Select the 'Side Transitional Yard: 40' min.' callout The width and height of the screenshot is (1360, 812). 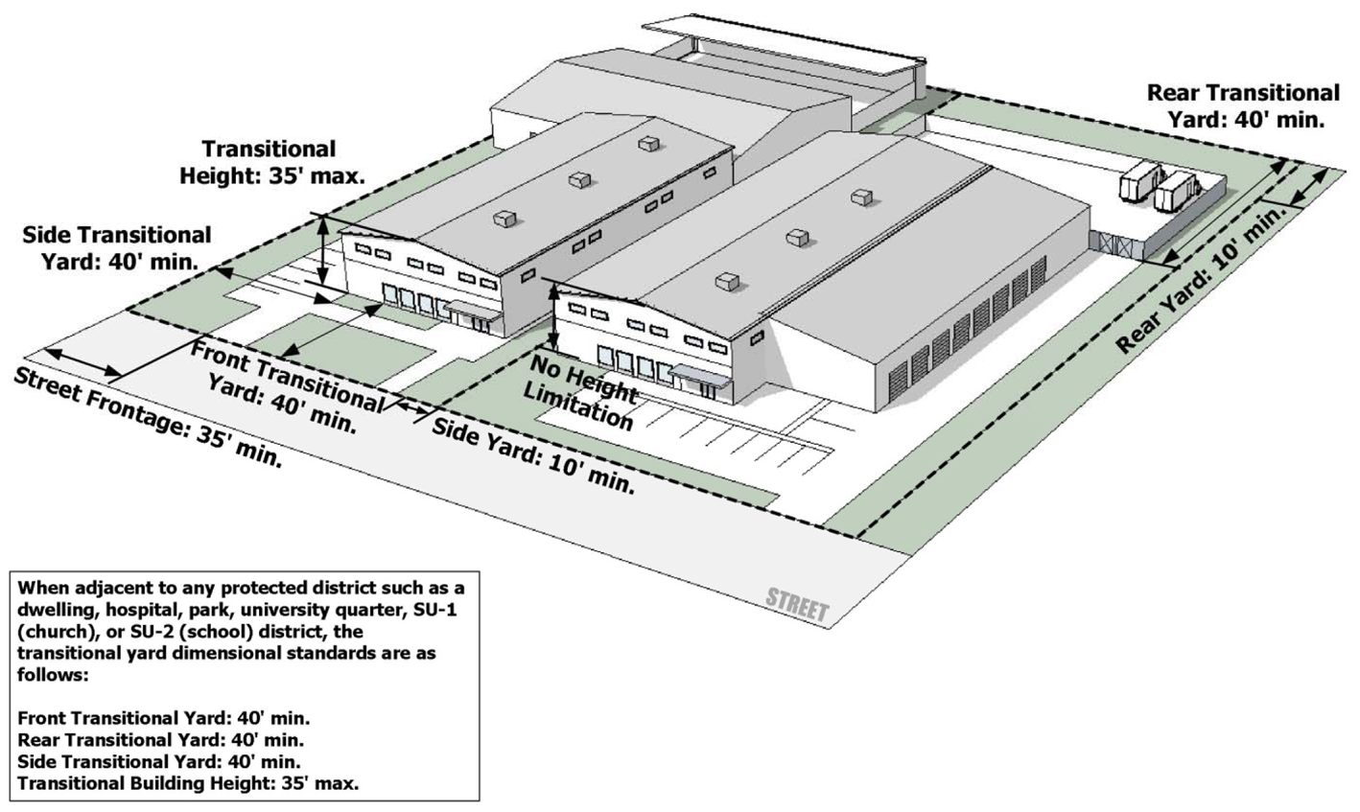coord(117,247)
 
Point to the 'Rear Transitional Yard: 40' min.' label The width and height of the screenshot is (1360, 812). coord(1243,105)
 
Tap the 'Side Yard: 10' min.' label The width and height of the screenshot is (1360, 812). coord(533,455)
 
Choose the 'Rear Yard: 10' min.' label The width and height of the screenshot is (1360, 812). coord(1201,281)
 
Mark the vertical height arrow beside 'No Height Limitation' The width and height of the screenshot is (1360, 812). coord(554,315)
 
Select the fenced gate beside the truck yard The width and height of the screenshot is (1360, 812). coord(1117,243)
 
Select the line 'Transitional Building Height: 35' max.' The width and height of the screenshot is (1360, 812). coord(188,783)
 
